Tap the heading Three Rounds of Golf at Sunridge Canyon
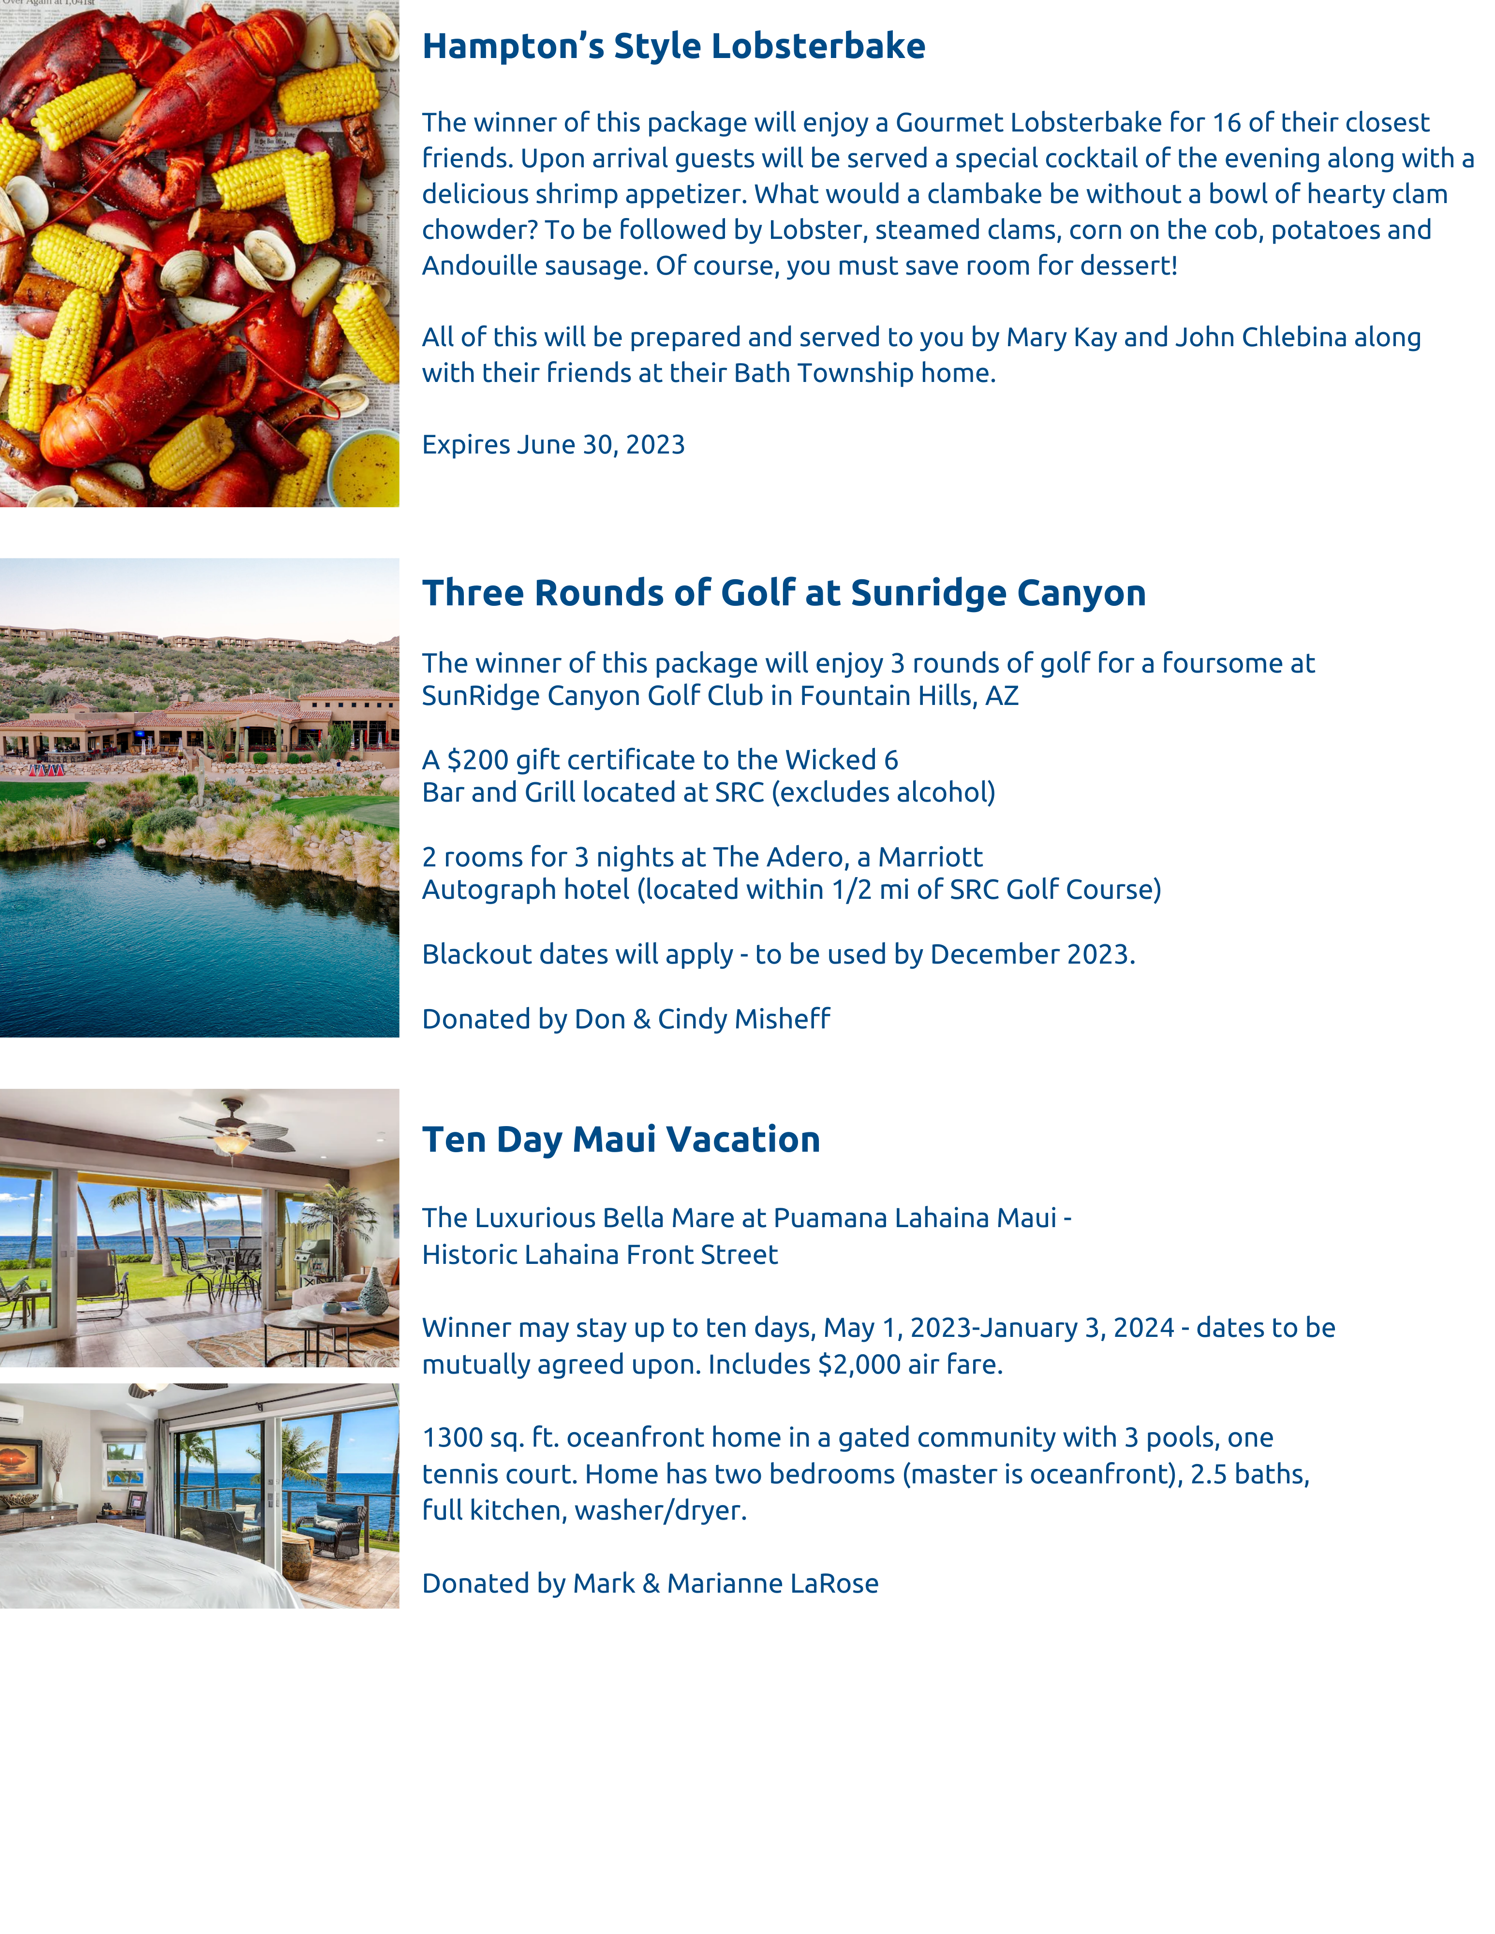coord(783,593)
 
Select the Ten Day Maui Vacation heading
coord(621,1140)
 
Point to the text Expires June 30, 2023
coord(553,444)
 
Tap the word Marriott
coord(930,857)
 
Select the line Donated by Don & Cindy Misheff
coord(625,1019)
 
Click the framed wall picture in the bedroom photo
coord(19,1461)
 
